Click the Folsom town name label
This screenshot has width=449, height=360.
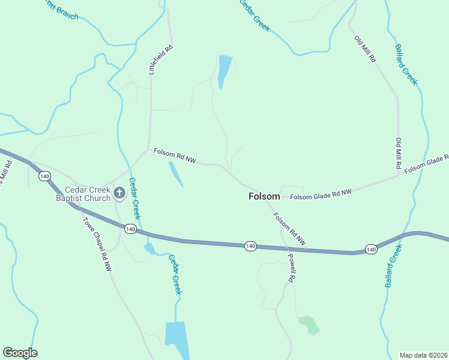(264, 196)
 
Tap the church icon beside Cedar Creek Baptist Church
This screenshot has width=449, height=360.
(119, 193)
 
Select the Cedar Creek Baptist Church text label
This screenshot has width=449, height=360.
(83, 194)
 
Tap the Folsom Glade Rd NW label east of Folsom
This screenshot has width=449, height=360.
(321, 194)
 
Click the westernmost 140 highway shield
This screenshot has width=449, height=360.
(44, 176)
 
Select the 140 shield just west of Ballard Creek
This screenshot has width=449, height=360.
(370, 249)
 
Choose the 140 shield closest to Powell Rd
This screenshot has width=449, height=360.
(251, 246)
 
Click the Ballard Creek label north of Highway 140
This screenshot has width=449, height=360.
(406, 65)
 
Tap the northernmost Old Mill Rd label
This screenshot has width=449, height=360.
(365, 50)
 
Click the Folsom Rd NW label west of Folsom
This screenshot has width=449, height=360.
(175, 156)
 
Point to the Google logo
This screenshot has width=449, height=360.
(20, 353)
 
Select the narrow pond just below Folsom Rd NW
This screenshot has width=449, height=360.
(175, 174)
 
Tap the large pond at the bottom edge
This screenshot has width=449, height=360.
(176, 339)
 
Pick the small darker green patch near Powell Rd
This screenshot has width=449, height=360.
(309, 324)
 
